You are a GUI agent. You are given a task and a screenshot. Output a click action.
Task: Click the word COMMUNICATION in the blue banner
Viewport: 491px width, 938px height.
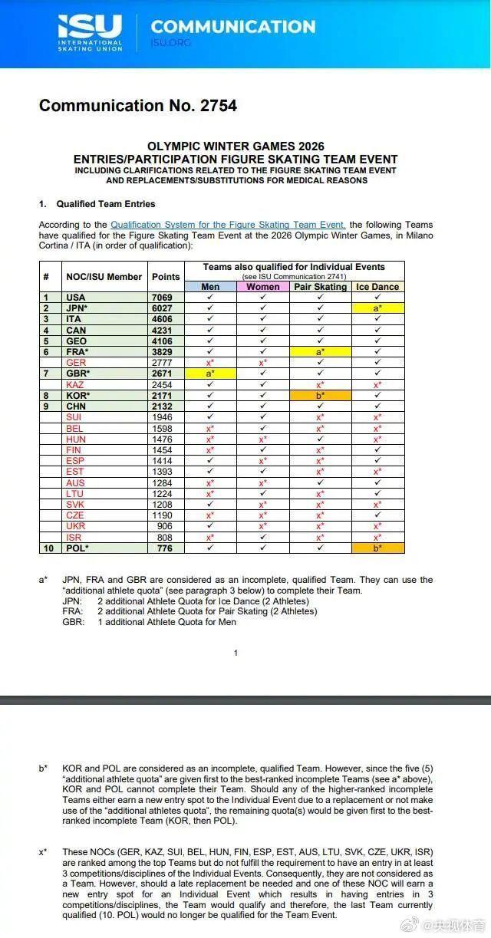[233, 27]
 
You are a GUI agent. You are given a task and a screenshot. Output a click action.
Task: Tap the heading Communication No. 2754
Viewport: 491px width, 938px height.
[138, 106]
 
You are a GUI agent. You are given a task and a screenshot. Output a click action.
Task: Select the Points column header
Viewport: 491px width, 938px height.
[166, 277]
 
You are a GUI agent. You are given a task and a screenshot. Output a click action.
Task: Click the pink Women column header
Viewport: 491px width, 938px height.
[262, 287]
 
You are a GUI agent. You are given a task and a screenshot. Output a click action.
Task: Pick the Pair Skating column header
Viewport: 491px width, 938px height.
[321, 287]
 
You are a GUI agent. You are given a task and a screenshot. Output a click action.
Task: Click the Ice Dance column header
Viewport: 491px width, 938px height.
[378, 287]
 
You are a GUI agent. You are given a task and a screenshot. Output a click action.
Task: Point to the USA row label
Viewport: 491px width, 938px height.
[76, 298]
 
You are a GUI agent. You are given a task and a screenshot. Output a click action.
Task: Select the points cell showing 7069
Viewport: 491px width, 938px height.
[166, 298]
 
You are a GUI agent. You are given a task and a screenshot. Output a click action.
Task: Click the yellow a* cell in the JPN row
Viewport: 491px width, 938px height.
[378, 308]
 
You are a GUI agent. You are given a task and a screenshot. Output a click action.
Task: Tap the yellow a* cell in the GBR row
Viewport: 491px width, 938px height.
[209, 374]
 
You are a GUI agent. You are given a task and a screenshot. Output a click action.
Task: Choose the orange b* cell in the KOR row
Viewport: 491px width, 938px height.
[321, 395]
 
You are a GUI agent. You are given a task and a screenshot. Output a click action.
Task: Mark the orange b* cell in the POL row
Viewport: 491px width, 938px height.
[378, 548]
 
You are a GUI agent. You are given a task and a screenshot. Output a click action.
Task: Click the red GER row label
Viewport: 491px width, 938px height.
[76, 363]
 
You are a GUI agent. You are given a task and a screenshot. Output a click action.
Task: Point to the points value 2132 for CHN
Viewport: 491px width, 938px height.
[166, 406]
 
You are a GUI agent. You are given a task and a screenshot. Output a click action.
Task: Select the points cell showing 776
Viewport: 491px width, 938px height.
[166, 548]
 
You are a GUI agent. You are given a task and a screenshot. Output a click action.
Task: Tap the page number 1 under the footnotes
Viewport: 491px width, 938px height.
[236, 653]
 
